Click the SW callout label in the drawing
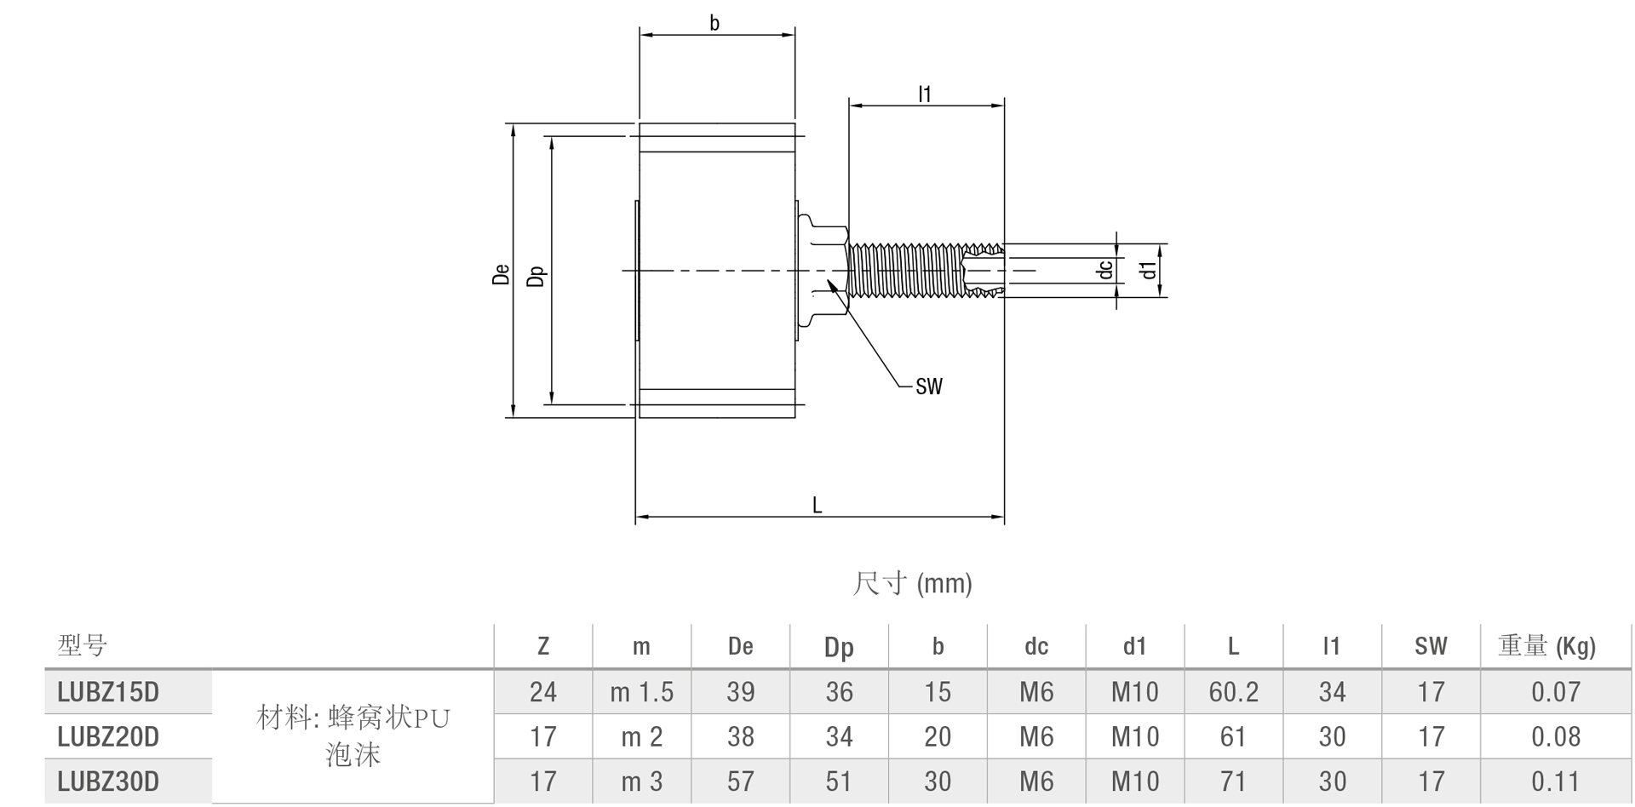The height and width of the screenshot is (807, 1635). (x=929, y=386)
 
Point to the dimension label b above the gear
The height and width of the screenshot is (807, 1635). (x=714, y=23)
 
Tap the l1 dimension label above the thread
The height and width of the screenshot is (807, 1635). (x=925, y=94)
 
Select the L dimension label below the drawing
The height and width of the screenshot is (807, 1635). (x=817, y=506)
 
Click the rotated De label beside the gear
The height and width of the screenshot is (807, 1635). (x=501, y=273)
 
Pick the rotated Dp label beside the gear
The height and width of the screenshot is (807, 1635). (x=536, y=276)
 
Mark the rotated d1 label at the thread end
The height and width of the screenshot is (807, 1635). (x=1149, y=270)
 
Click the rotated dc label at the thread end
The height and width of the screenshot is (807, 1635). (x=1104, y=270)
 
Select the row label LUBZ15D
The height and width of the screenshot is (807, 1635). (x=108, y=692)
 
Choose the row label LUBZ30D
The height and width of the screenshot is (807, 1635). (x=108, y=781)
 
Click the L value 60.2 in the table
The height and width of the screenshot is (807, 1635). (x=1233, y=692)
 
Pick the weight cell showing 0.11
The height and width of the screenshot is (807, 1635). (x=1555, y=781)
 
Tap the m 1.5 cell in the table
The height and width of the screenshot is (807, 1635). (x=641, y=692)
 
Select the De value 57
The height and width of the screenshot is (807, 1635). (x=740, y=781)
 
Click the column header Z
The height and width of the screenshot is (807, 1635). (x=543, y=647)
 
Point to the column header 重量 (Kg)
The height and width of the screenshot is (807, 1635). (x=1546, y=647)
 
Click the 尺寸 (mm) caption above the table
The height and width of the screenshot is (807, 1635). (x=912, y=583)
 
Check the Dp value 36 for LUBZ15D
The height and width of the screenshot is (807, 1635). (x=839, y=692)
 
